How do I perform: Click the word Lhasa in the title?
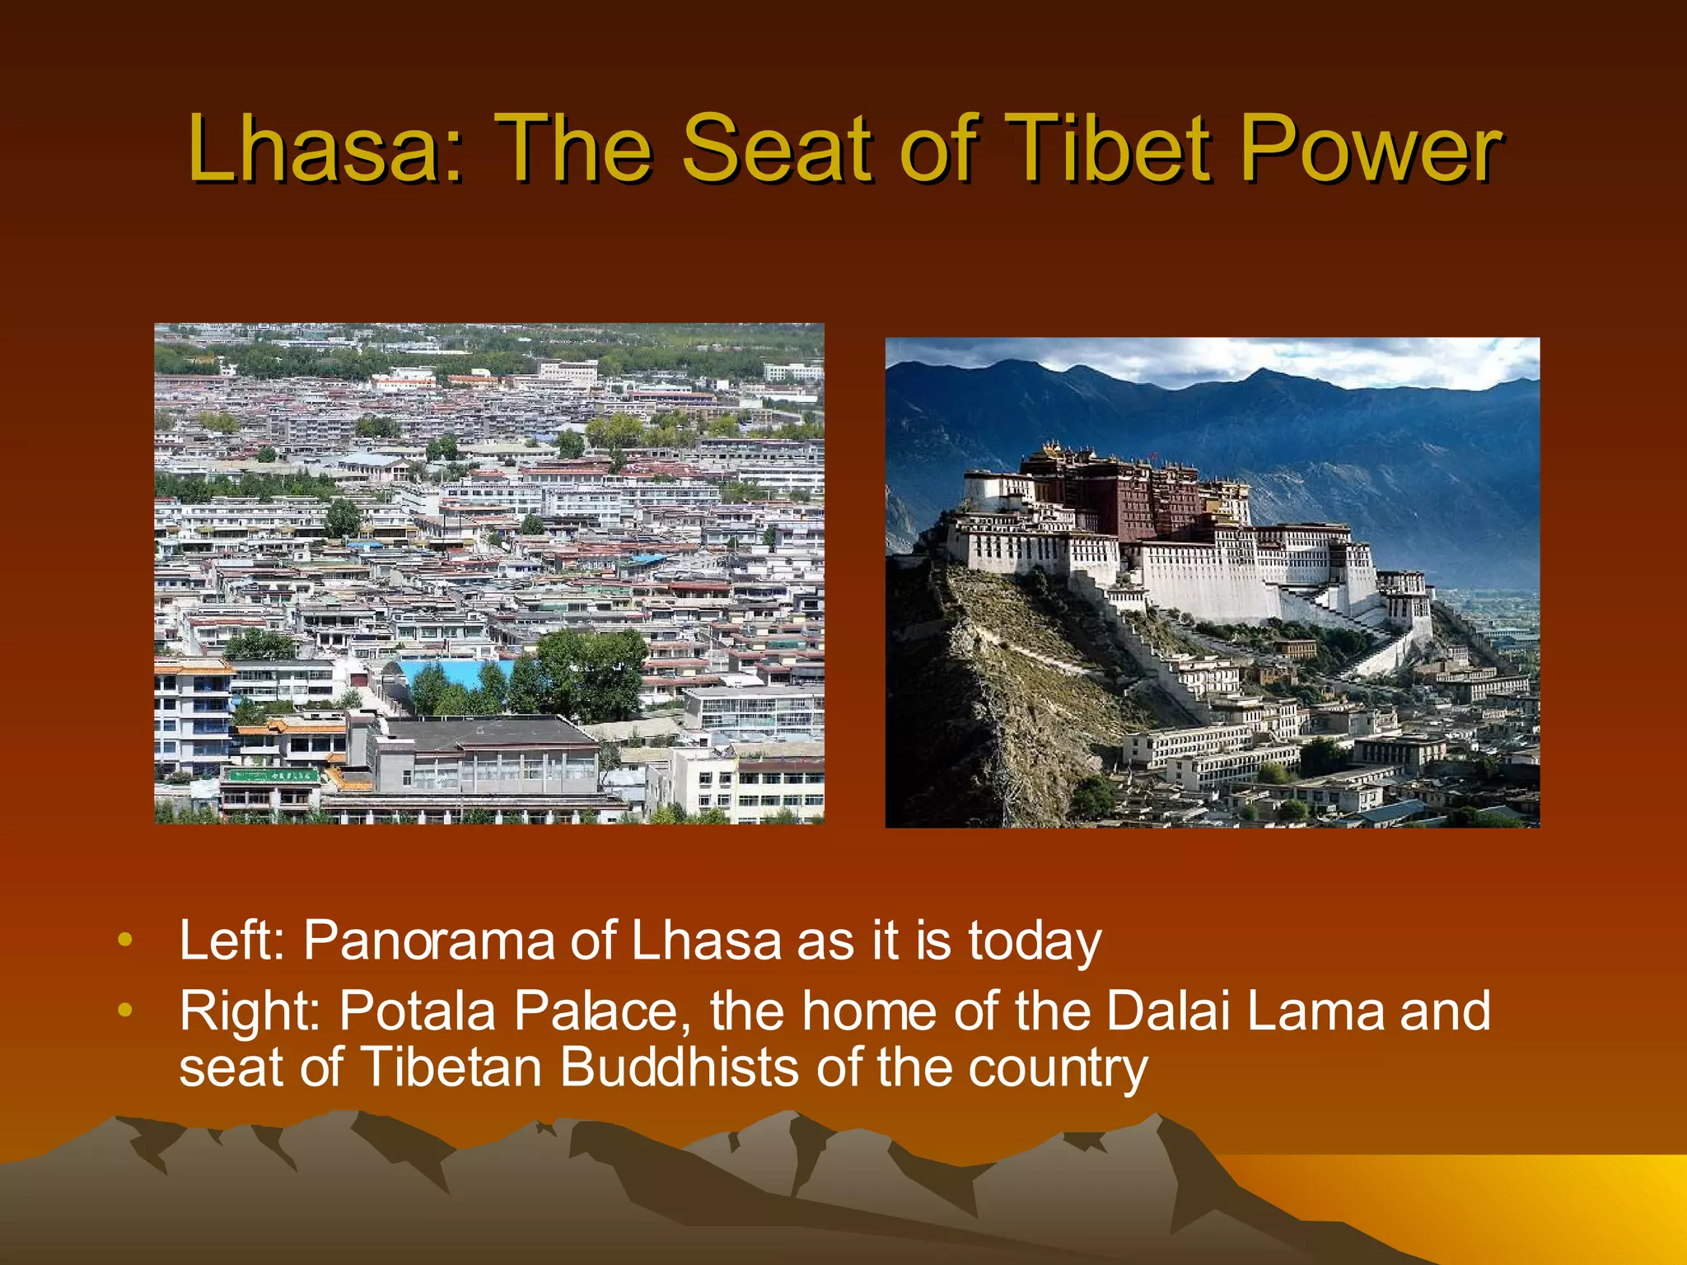pos(313,150)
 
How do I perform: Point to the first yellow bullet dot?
pos(124,940)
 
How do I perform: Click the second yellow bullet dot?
pos(124,1010)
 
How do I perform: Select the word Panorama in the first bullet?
pos(428,941)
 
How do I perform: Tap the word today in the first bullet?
pos(1034,941)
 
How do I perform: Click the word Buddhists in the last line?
pos(680,1067)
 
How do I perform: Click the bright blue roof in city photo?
pos(453,671)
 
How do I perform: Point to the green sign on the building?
pos(272,775)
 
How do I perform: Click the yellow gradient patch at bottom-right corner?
pos(1565,1194)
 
